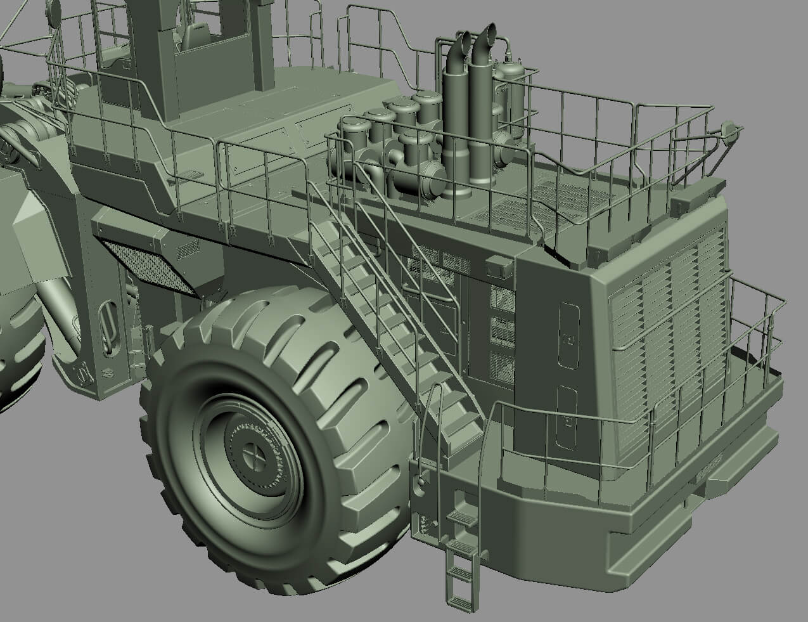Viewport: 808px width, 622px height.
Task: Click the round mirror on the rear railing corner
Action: tap(736, 131)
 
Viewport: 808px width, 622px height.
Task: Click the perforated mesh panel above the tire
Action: tap(149, 266)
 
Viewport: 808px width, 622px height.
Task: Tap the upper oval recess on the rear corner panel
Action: tap(568, 334)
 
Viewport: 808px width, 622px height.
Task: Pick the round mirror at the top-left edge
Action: tap(55, 10)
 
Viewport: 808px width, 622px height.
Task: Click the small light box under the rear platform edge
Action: tap(498, 266)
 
